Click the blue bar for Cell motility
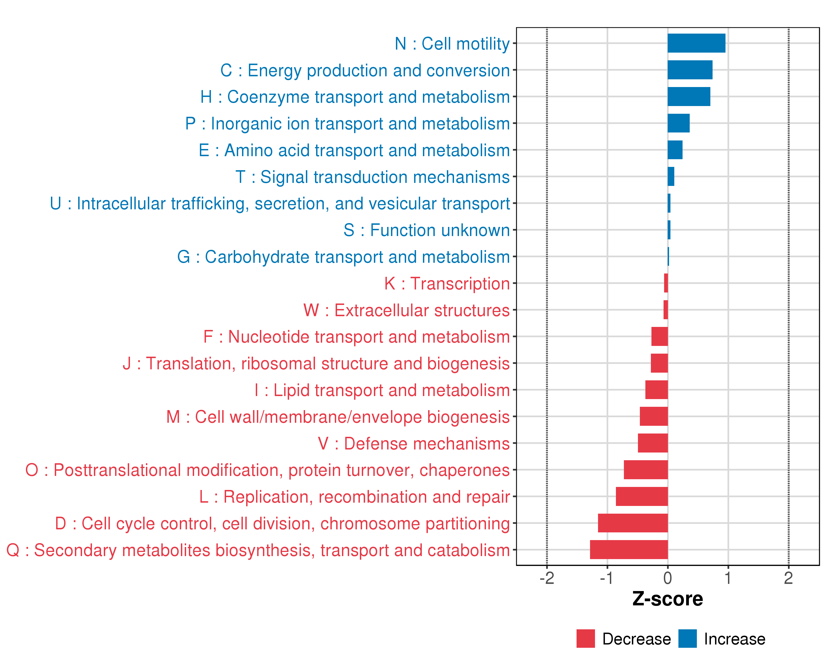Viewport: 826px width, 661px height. pos(696,43)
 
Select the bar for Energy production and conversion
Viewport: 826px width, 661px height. pos(690,70)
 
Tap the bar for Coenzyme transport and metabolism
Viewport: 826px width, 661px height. pos(688,97)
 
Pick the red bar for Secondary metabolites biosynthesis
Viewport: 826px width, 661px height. pos(629,549)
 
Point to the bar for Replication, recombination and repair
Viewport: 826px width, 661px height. pos(642,496)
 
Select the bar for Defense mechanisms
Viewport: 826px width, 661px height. pos(653,443)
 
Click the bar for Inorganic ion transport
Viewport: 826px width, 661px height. pos(678,123)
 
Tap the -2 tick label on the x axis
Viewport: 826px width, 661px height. pos(547,578)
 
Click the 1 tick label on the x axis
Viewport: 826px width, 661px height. pos(728,578)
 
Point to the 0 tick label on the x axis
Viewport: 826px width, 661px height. pos(668,578)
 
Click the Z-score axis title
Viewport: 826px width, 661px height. pos(667,599)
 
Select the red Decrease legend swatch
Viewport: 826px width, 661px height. pos(585,639)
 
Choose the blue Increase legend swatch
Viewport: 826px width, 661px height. pos(687,639)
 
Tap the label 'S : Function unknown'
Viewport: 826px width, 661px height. pos(426,230)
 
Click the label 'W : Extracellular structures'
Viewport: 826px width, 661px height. pos(406,310)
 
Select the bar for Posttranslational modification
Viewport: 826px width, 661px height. pos(646,470)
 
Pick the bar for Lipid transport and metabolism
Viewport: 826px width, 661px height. pos(656,390)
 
